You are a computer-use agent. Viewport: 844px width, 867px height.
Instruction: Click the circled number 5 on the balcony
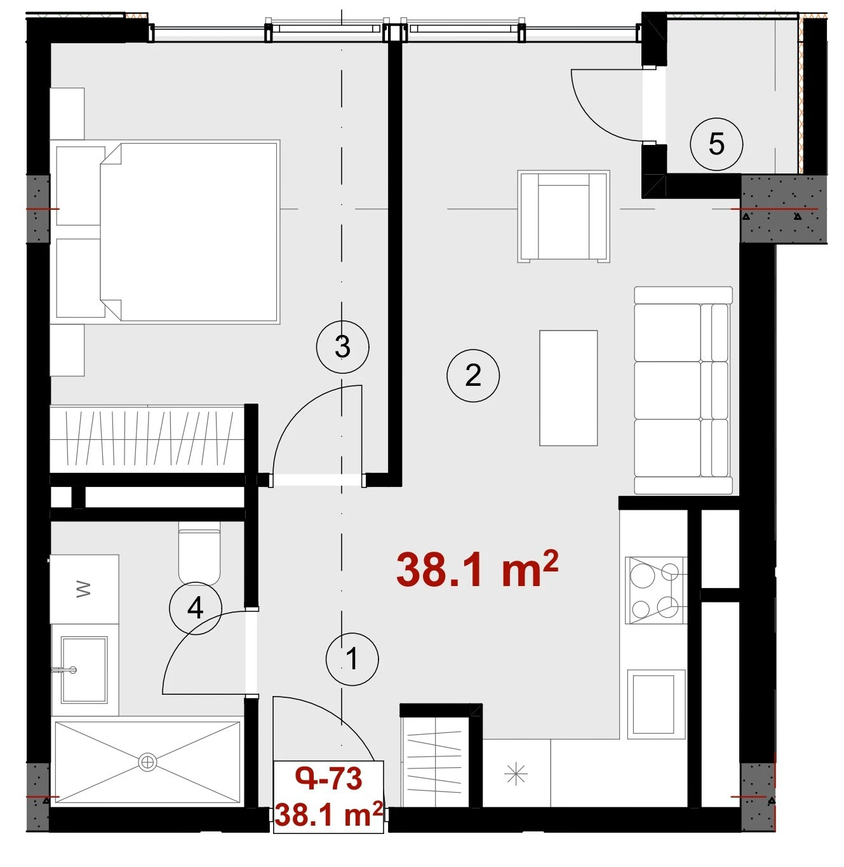point(716,144)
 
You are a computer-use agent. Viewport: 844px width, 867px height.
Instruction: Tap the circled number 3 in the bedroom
point(342,346)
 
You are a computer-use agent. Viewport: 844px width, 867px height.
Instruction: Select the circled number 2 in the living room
point(472,376)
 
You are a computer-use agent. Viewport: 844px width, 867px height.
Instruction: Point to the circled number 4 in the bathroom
point(196,608)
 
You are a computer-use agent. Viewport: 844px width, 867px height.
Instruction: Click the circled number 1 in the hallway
point(352,659)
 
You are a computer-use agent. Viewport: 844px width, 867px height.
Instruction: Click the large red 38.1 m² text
point(477,570)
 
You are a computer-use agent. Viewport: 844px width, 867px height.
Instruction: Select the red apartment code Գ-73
point(328,779)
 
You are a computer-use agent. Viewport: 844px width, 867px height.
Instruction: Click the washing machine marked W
point(84,589)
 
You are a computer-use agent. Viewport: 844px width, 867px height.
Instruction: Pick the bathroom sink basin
point(84,669)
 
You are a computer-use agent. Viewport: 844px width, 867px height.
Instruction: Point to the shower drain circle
point(147,762)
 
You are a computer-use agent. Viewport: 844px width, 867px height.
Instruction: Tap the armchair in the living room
point(563,217)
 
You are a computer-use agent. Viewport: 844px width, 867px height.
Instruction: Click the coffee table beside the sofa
point(568,388)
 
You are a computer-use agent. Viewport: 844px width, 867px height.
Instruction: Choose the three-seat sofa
point(683,390)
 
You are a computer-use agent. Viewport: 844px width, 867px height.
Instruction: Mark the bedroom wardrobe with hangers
point(148,439)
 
